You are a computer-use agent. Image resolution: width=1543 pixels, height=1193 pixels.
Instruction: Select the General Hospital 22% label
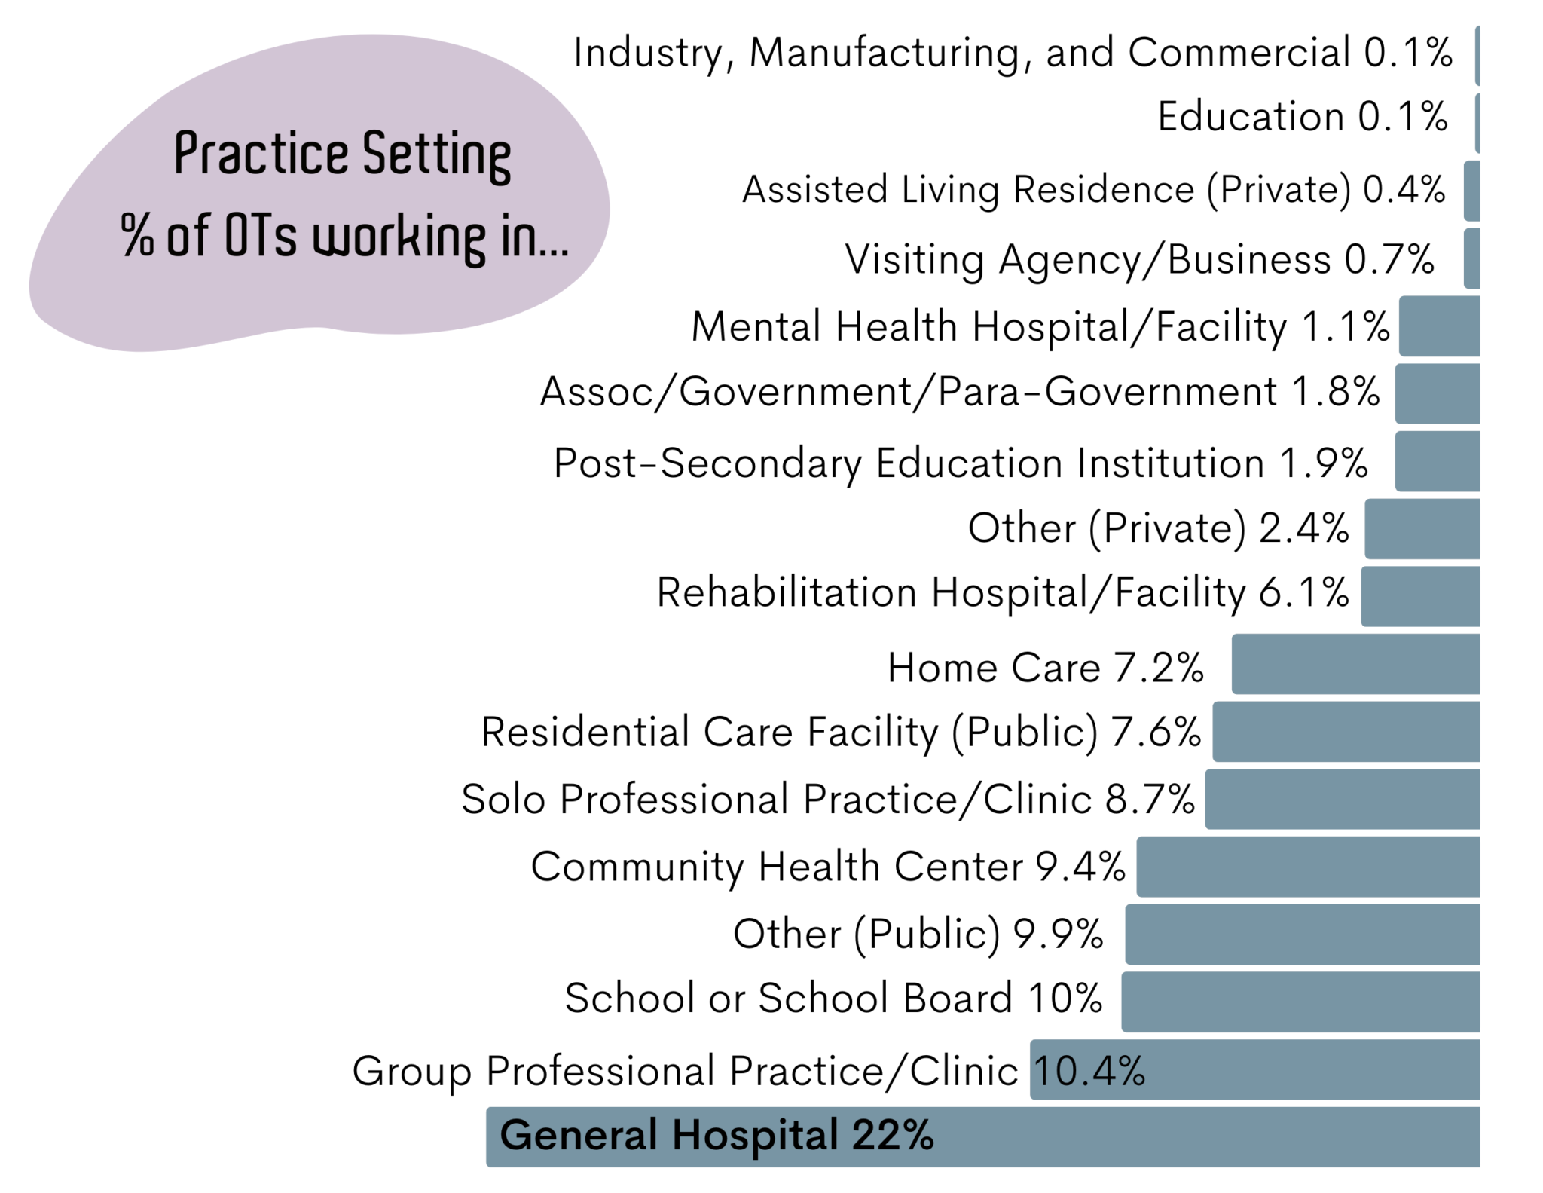point(716,1135)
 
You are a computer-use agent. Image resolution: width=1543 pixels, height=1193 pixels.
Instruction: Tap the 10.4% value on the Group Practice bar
point(1089,1070)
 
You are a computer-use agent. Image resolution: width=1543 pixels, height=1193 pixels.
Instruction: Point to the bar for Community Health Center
point(1307,867)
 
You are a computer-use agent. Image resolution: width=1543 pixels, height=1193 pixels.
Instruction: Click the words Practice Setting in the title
point(342,154)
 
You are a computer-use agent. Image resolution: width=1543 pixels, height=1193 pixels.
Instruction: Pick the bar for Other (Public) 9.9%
point(1302,935)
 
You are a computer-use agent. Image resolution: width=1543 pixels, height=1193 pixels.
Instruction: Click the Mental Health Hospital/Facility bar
point(1439,326)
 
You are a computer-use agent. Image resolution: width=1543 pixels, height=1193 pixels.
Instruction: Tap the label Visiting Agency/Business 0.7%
point(1138,259)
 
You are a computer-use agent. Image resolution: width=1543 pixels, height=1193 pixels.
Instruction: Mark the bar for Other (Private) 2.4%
point(1422,528)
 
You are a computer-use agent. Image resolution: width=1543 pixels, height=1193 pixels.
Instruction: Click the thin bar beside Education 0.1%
point(1477,123)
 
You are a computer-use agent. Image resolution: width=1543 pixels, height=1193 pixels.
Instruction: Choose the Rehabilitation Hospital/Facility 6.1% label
point(1002,592)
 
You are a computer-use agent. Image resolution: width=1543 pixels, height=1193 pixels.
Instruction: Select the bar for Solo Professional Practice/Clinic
point(1342,799)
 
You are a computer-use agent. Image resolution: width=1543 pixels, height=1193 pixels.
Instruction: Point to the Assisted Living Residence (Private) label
point(1093,189)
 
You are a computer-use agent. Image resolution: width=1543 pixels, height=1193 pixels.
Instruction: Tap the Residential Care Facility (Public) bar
point(1346,731)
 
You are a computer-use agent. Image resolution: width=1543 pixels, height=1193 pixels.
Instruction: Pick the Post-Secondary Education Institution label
point(960,463)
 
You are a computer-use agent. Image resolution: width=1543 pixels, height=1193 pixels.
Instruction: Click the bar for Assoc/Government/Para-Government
point(1437,393)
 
